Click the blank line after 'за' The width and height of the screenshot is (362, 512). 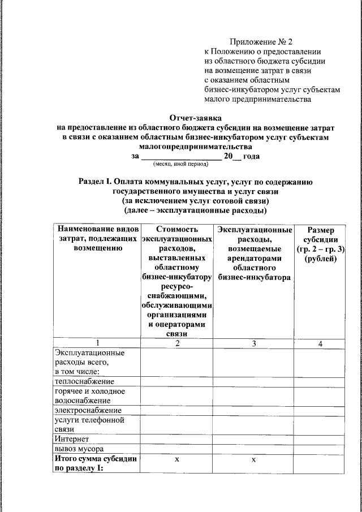(180, 156)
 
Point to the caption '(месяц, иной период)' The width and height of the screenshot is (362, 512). (180, 164)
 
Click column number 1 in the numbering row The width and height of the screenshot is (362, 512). (97, 343)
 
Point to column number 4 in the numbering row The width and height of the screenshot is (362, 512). (320, 343)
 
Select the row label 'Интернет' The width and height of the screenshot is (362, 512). (72, 439)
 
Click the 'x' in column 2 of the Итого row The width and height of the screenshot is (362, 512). (176, 461)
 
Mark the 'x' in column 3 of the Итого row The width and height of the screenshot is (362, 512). (255, 461)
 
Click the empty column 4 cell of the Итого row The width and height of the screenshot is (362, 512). (320, 463)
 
